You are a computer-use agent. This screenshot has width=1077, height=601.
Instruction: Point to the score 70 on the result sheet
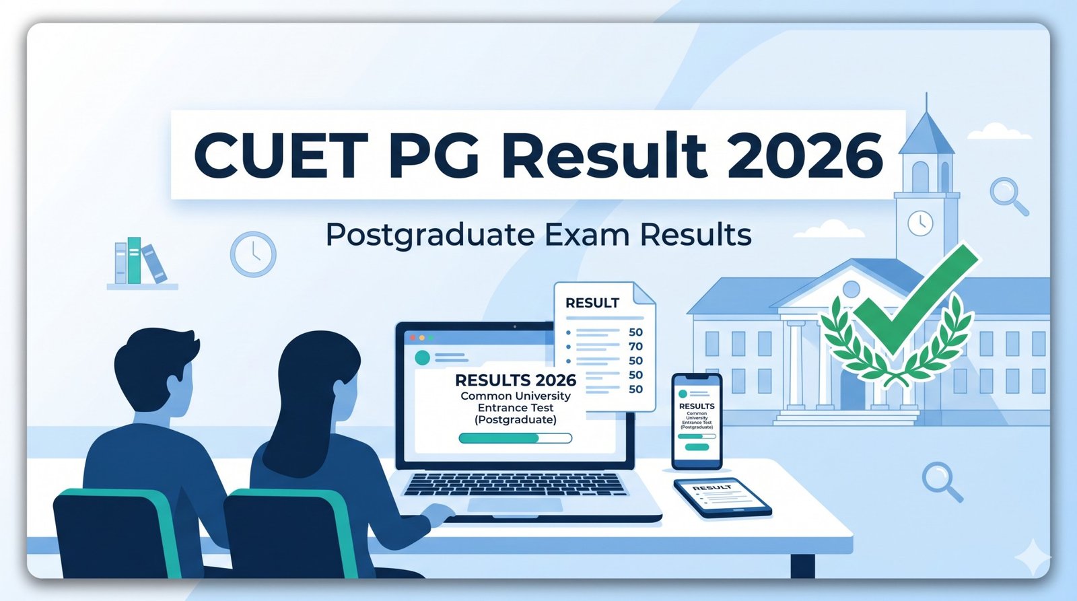click(x=635, y=347)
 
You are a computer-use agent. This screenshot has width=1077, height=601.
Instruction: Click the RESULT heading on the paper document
click(x=592, y=304)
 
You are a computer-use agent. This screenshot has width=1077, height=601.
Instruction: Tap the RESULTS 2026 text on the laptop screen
click(x=516, y=380)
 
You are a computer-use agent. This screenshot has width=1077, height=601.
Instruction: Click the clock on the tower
click(x=919, y=222)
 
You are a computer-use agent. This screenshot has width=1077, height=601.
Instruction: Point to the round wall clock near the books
click(x=253, y=254)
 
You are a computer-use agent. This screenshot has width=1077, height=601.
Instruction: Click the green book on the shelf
click(x=135, y=260)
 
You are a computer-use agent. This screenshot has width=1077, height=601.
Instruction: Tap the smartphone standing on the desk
click(x=697, y=421)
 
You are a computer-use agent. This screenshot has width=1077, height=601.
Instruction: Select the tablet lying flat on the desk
click(x=722, y=497)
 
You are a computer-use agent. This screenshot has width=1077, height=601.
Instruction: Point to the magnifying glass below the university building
click(x=941, y=481)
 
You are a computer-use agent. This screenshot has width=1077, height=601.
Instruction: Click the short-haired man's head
click(x=154, y=366)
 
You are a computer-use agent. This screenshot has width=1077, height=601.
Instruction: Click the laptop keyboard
click(x=515, y=484)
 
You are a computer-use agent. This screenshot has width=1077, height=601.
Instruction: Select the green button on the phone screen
click(x=697, y=447)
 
